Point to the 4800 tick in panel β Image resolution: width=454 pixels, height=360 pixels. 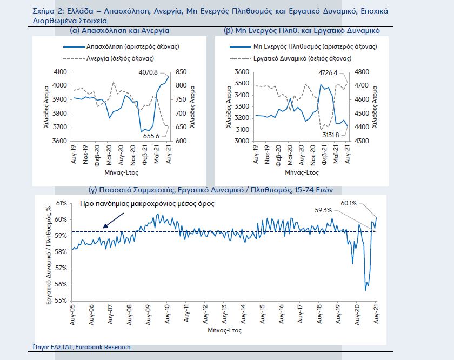(361, 72)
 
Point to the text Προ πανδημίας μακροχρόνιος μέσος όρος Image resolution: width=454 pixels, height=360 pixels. (147, 204)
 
